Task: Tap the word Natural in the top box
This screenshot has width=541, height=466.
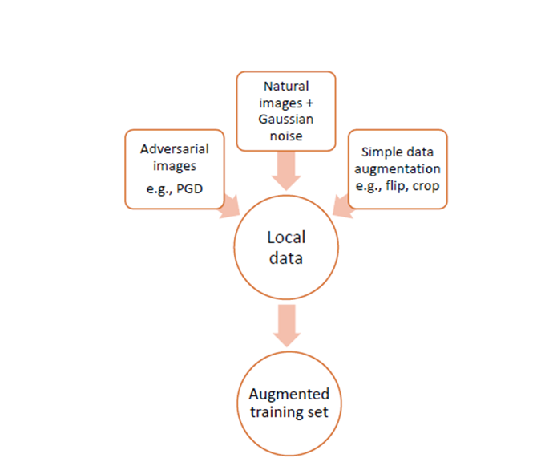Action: (285, 85)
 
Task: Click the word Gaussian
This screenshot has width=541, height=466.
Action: (286, 119)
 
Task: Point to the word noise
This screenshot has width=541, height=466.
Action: (286, 136)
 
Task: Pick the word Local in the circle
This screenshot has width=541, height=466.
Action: (286, 237)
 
